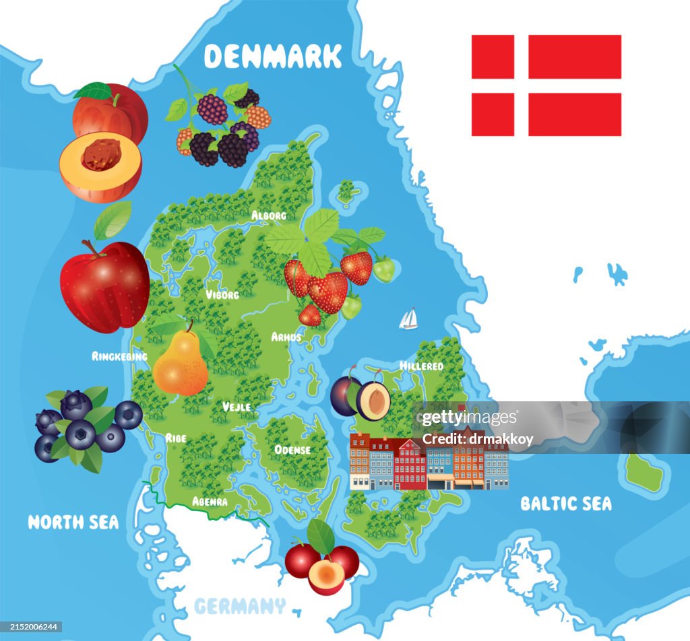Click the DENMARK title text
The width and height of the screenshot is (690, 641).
point(273,57)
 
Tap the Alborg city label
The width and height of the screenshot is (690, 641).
point(269,215)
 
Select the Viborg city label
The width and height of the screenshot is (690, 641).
point(222,295)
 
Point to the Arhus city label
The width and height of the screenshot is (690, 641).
point(286,337)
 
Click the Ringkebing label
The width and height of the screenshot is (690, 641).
point(119,356)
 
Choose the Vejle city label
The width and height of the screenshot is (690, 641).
point(237,407)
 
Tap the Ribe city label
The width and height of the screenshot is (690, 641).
point(176,438)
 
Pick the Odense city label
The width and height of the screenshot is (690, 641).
point(292,449)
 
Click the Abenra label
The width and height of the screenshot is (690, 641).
point(210,502)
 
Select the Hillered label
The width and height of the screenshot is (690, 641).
point(422,366)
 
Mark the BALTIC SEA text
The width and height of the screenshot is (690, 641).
point(566,504)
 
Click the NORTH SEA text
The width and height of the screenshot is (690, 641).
point(73,522)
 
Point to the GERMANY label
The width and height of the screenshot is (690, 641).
point(240,606)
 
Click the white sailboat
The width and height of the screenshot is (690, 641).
point(408,319)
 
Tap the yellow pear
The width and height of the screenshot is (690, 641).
point(181,364)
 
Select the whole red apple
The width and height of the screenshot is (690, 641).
point(105,286)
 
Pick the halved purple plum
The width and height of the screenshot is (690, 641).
point(373,400)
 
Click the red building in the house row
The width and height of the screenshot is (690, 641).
point(410,465)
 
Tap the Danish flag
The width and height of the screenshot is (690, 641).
point(546,86)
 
